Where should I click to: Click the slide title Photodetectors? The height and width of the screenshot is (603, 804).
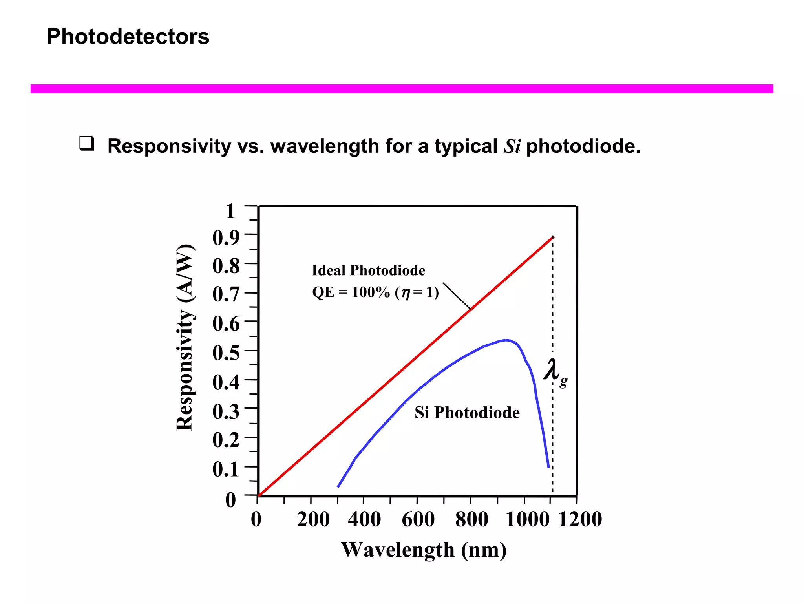[x=128, y=37]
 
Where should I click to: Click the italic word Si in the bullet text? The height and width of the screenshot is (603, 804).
[x=512, y=146]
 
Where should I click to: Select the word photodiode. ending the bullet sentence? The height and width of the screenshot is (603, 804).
[x=583, y=146]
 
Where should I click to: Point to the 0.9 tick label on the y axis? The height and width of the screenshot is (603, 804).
[x=226, y=238]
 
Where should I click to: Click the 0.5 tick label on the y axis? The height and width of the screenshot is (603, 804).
[x=226, y=352]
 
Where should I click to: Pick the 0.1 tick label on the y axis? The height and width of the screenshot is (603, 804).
[x=226, y=469]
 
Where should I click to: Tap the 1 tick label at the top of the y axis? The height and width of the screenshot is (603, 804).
[x=230, y=211]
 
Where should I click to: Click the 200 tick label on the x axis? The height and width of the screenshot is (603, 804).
[x=313, y=519]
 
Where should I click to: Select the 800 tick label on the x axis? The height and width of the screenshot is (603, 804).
[x=471, y=519]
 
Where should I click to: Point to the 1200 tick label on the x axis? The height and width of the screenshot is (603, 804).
[x=580, y=519]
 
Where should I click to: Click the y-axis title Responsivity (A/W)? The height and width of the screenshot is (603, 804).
[x=185, y=338]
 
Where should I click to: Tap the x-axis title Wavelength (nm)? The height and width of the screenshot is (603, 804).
[x=424, y=550]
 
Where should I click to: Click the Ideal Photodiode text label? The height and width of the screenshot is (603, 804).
[x=368, y=270]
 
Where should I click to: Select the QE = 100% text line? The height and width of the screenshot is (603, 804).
[x=375, y=292]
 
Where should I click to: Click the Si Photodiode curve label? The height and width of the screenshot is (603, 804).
[x=467, y=413]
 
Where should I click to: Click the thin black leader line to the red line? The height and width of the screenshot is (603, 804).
[x=456, y=296]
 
